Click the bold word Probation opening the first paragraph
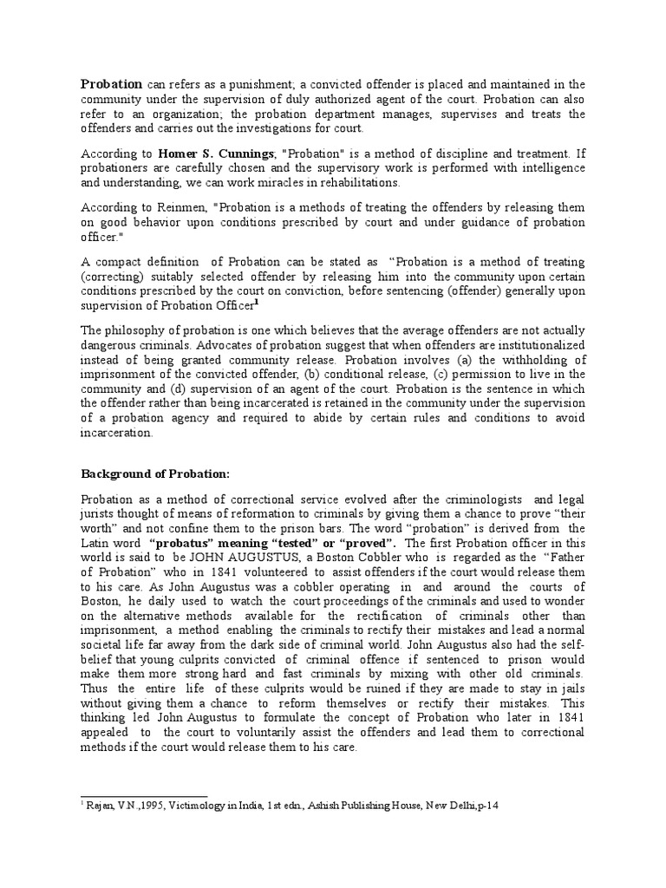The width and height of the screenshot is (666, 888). (111, 85)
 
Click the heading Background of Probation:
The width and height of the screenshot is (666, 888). (156, 474)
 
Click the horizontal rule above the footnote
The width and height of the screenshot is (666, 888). (144, 796)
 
